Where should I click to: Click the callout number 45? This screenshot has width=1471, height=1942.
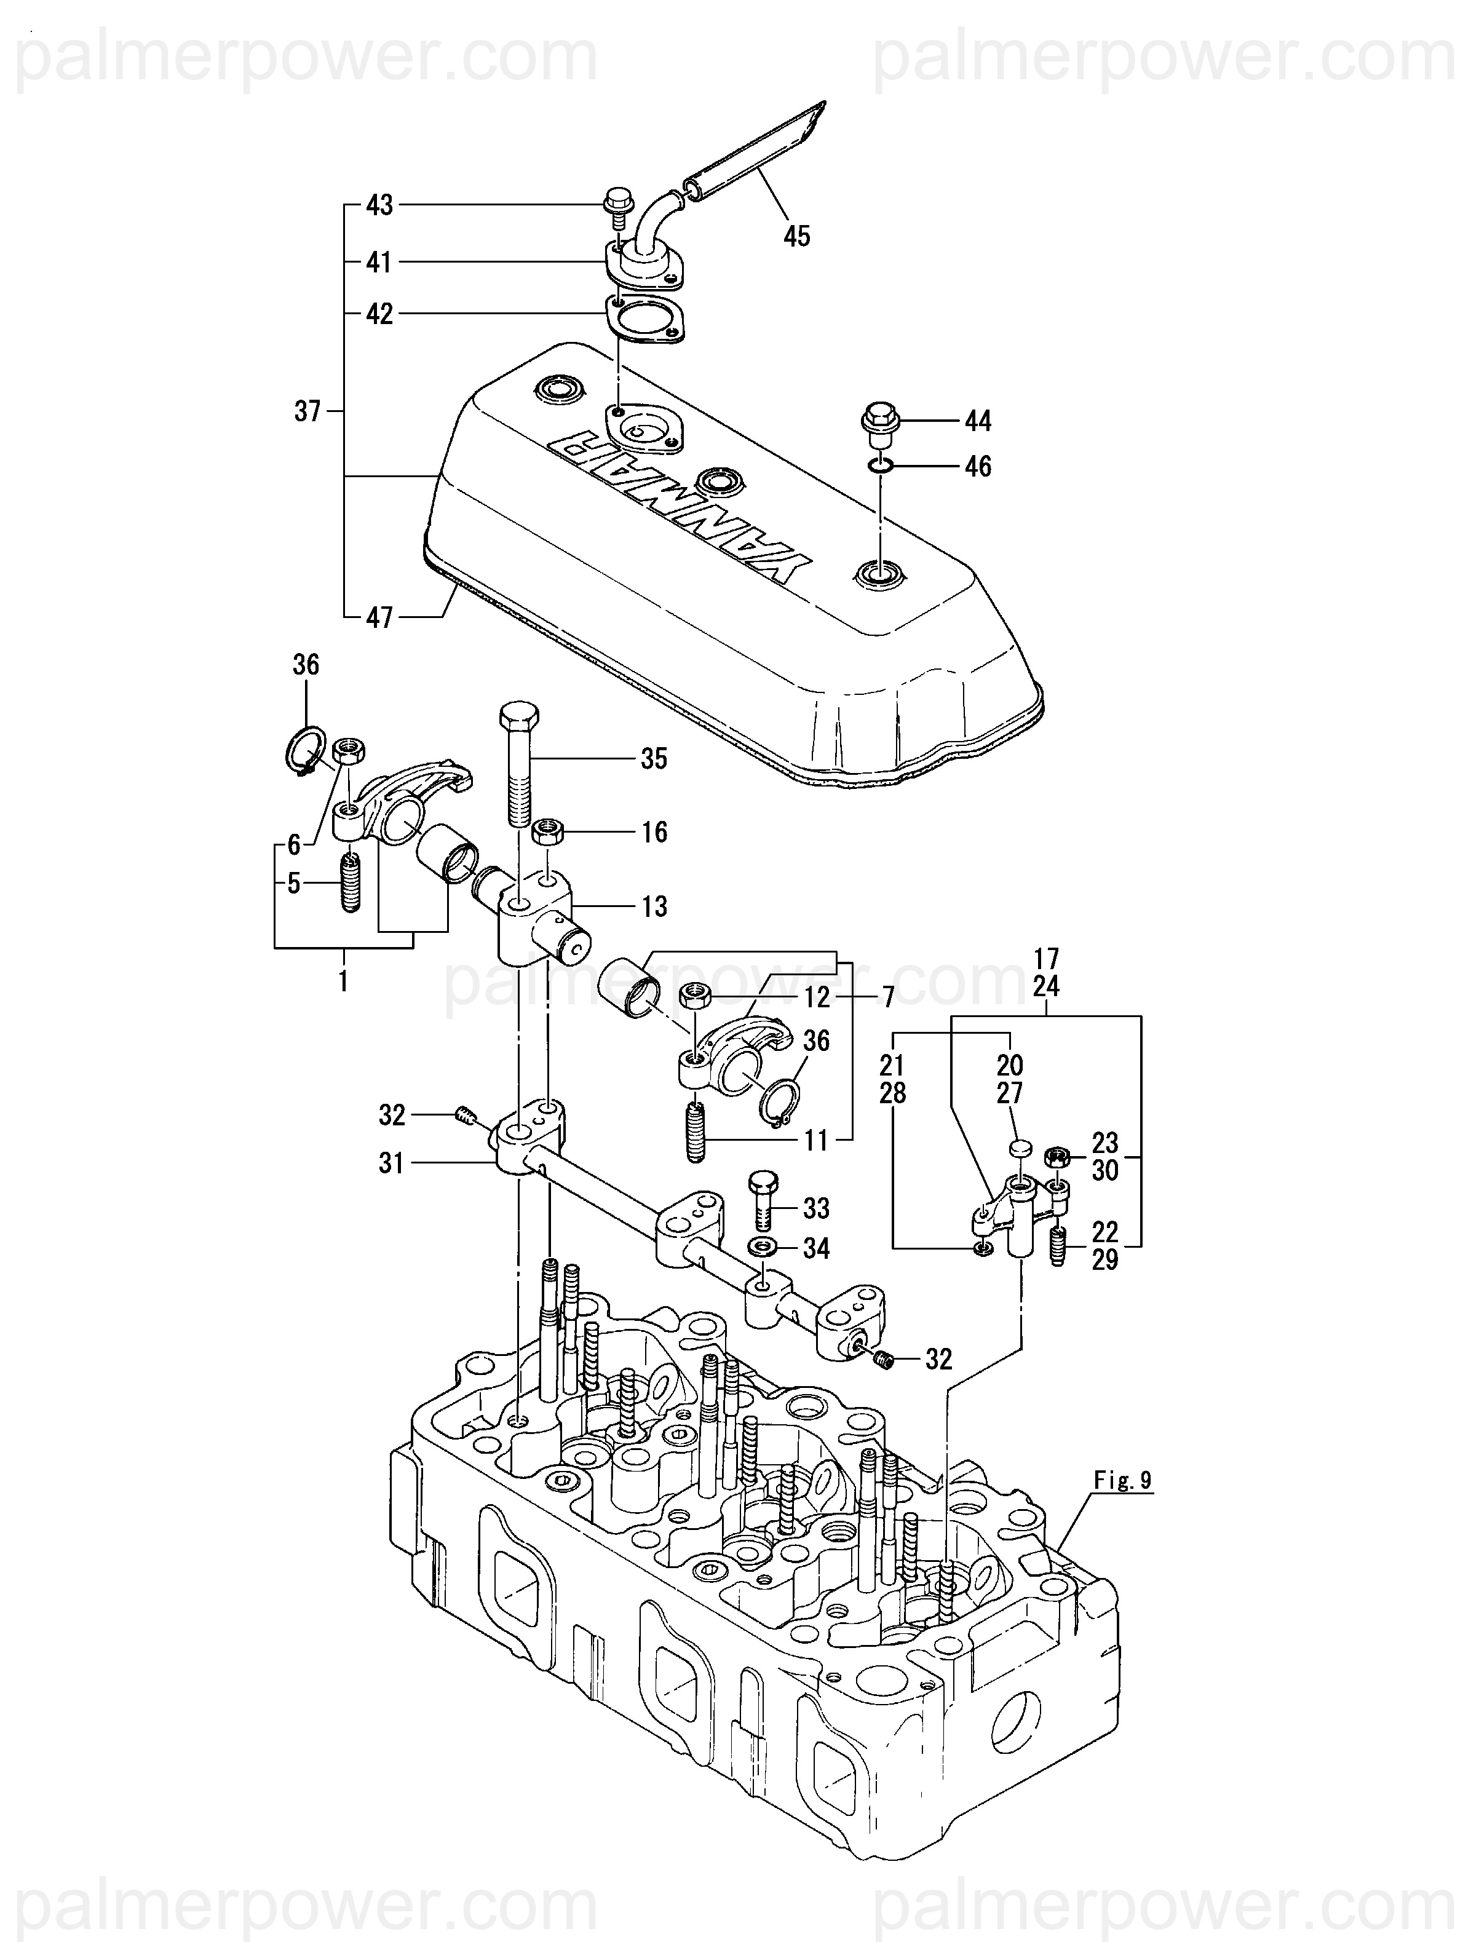click(796, 236)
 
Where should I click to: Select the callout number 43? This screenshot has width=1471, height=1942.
click(379, 205)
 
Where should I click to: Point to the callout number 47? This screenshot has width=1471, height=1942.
click(379, 617)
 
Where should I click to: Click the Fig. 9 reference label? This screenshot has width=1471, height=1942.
click(1123, 1480)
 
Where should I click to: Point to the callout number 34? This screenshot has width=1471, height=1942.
click(816, 1248)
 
